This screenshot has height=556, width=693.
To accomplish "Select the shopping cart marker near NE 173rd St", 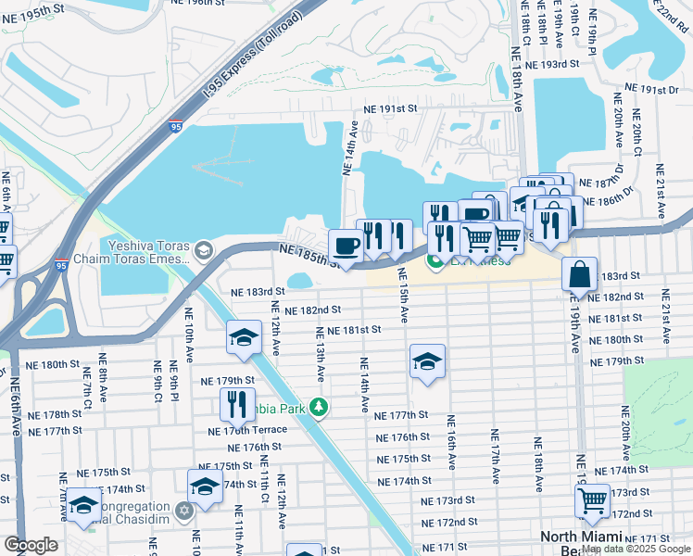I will [x=592, y=501].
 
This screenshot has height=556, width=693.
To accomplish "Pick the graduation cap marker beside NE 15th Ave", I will [x=427, y=361].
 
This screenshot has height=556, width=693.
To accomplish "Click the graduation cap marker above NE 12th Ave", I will [x=245, y=336].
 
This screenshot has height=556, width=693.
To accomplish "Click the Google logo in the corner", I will [x=30, y=544].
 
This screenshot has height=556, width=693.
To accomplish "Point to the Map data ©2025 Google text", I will [x=636, y=549].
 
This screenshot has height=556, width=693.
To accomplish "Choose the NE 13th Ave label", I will [x=321, y=354].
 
